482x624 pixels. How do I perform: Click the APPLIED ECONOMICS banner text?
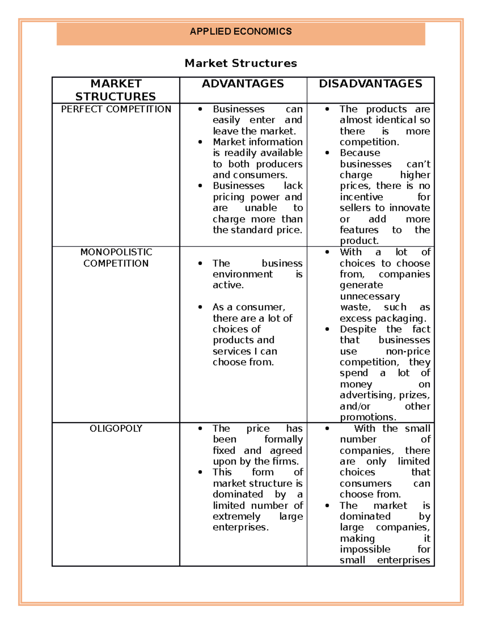click(x=241, y=31)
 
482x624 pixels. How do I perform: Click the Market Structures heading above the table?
click(x=241, y=63)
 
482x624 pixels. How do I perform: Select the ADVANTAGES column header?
click(x=243, y=84)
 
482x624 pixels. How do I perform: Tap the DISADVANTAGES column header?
click(x=370, y=84)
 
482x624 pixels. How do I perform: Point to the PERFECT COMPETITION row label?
click(x=116, y=109)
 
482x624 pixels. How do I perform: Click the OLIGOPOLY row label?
click(x=116, y=428)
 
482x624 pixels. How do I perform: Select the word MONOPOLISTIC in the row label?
click(x=116, y=252)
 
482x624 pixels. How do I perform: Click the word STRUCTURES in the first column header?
click(x=116, y=96)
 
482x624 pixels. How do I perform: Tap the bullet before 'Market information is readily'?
click(x=200, y=142)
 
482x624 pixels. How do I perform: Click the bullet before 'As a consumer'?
click(x=200, y=307)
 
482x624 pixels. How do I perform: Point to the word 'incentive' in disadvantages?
click(x=361, y=197)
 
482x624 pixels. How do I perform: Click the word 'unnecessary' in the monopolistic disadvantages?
click(x=370, y=297)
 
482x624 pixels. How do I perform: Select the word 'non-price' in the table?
click(x=408, y=351)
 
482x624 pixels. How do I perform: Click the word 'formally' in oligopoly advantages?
click(x=283, y=440)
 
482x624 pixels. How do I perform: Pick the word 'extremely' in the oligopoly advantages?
click(x=236, y=516)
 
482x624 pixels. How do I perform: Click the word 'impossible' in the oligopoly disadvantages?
click(x=365, y=549)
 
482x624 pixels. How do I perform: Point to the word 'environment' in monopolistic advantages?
click(x=242, y=274)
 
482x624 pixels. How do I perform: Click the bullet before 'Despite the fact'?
click(x=327, y=329)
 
